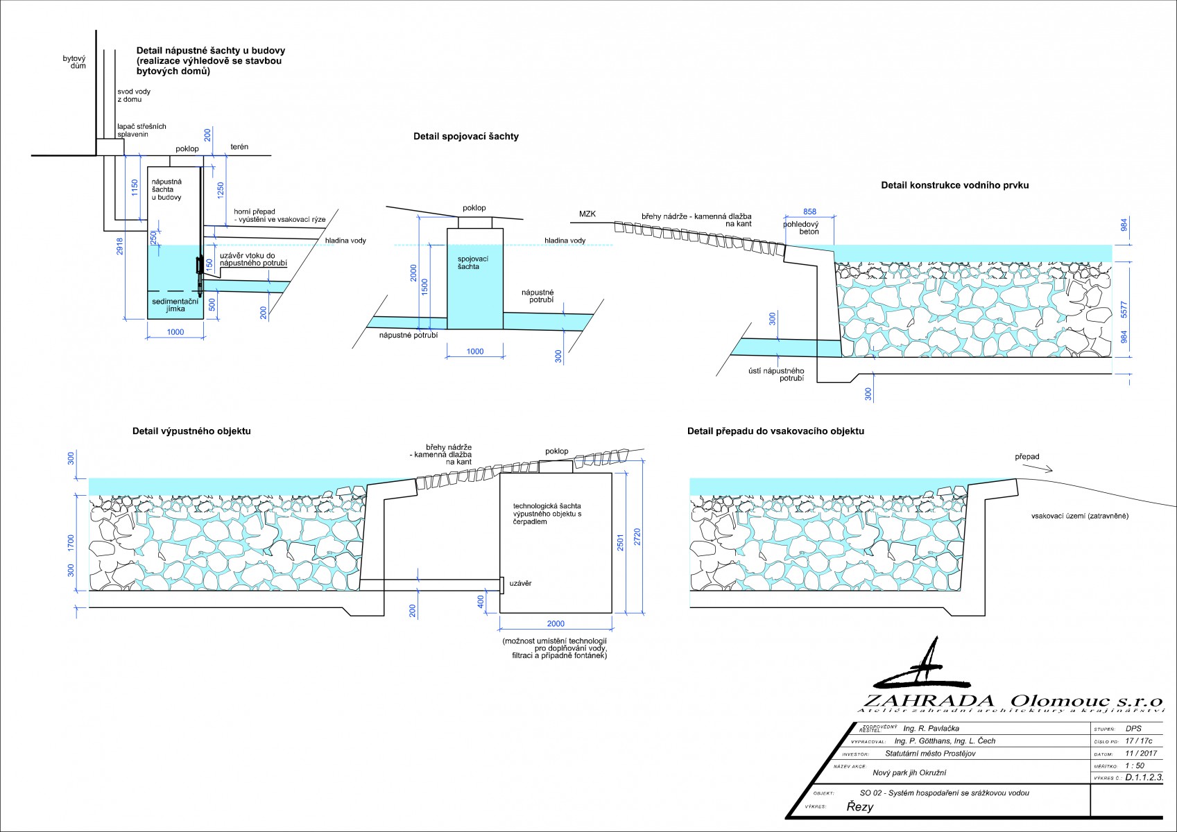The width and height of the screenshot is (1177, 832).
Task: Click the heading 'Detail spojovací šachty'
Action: (x=465, y=137)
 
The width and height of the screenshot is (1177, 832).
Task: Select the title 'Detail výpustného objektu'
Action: (x=191, y=431)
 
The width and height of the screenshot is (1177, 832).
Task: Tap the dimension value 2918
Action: (x=119, y=248)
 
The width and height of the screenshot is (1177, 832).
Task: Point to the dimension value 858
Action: (x=809, y=211)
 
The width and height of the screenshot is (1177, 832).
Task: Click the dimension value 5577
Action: (x=1124, y=309)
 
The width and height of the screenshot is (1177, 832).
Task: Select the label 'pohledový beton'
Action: (x=801, y=228)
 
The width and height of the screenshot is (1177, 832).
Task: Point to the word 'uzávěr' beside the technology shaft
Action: (x=520, y=584)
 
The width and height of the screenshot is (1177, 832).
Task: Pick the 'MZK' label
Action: (x=587, y=214)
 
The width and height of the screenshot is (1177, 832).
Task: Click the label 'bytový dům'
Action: (x=74, y=62)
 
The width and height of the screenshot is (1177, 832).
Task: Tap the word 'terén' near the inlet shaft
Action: (x=239, y=147)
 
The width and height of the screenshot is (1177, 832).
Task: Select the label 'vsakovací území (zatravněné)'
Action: (x=1079, y=516)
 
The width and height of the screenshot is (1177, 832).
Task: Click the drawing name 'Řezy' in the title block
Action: (x=859, y=807)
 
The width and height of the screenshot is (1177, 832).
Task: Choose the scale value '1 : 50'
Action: (x=1135, y=766)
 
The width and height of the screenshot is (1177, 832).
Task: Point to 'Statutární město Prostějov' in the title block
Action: (x=930, y=754)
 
